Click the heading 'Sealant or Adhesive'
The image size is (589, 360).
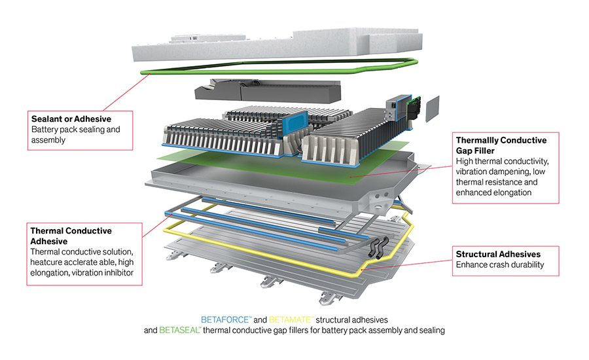71,119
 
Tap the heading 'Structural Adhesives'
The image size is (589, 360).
499,253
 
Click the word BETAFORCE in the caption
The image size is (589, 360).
226,319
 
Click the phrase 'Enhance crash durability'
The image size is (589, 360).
499,264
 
